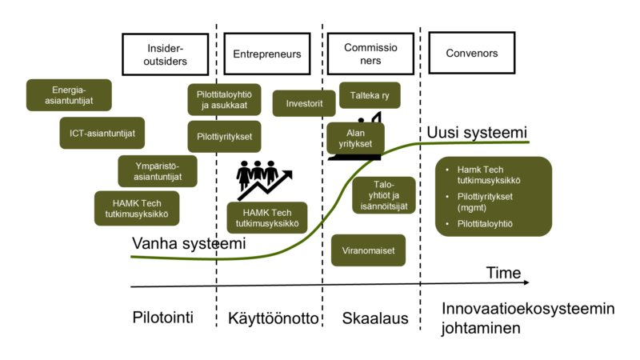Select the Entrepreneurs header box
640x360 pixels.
266,54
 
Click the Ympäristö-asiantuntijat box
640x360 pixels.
157,171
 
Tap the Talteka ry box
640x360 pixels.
370,96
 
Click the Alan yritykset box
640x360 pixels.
355,138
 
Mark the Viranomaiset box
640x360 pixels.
368,250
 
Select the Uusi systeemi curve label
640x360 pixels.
477,132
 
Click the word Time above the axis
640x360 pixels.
503,274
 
